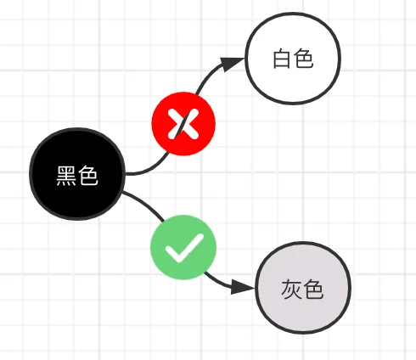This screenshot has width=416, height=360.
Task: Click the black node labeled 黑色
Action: [x=77, y=174]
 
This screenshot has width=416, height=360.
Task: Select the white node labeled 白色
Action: [x=293, y=59]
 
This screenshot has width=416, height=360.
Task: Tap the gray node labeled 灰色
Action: [x=303, y=288]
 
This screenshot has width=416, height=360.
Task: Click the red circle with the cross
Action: [x=183, y=124]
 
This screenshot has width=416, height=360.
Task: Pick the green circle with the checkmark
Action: [x=183, y=247]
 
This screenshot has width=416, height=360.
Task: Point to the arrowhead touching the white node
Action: [x=232, y=64]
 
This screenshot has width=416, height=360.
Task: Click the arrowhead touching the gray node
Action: [x=243, y=287]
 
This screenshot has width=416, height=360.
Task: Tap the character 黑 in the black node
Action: [x=66, y=176]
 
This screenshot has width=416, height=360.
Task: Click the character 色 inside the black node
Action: [x=87, y=176]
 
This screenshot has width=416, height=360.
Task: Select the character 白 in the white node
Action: [x=282, y=59]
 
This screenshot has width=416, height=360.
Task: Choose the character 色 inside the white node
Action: [x=304, y=59]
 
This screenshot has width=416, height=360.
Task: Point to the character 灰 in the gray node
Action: [x=291, y=290]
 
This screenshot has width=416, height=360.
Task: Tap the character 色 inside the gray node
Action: [x=313, y=290]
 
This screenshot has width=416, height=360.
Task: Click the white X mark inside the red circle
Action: [x=183, y=124]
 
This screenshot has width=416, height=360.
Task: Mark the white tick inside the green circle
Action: [x=184, y=248]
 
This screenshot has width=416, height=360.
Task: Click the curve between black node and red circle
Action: [x=150, y=169]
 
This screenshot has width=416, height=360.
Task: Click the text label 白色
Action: [x=293, y=59]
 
